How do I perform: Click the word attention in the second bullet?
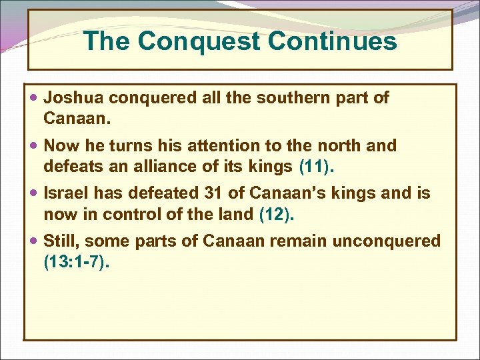point(236,146)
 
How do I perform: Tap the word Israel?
point(65,194)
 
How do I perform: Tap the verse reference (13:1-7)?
point(75,261)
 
